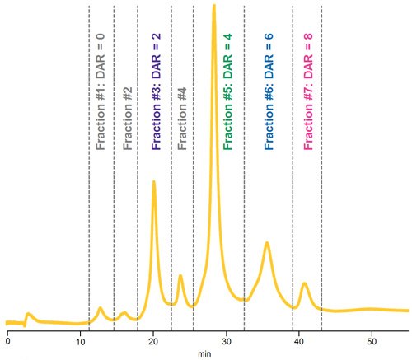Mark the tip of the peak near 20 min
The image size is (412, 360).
coord(153,182)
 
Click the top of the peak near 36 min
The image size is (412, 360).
coord(267,243)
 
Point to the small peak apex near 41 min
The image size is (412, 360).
coord(304,283)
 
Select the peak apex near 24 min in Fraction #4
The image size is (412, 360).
coord(180,276)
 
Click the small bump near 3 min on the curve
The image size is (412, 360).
coord(28,314)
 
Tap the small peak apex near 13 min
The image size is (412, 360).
coord(101,308)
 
